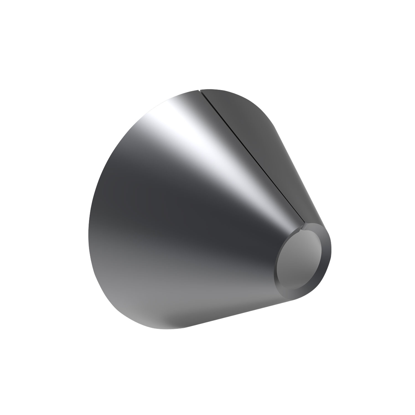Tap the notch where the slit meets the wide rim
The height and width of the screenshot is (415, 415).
point(201,90)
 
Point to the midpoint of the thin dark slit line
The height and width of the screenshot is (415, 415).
point(253,156)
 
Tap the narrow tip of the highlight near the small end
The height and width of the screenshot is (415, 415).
point(288,221)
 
